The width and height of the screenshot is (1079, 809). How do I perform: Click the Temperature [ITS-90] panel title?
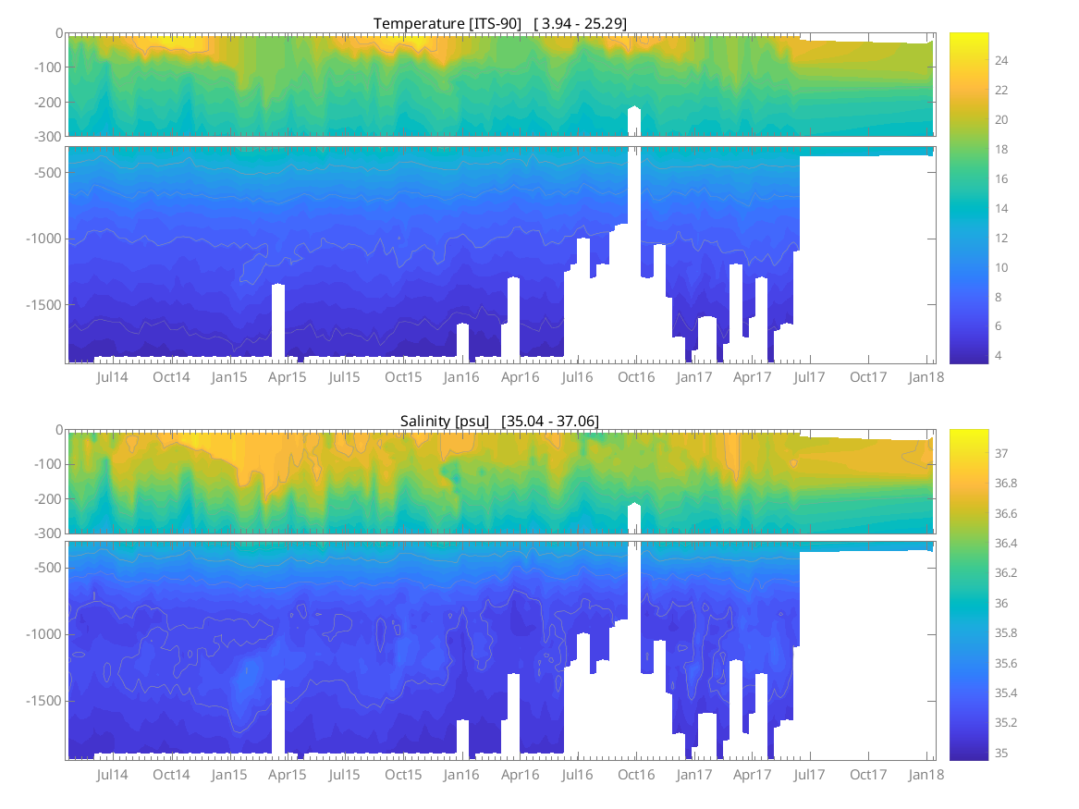500,23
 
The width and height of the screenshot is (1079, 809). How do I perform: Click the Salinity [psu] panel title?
499,421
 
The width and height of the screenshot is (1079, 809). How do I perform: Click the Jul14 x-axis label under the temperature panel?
113,377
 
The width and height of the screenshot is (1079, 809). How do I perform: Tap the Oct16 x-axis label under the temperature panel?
636,377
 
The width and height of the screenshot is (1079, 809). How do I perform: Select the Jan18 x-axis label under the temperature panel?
926,377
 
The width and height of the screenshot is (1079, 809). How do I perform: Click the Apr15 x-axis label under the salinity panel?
287,775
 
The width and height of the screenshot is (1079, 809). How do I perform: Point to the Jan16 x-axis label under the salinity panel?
461,775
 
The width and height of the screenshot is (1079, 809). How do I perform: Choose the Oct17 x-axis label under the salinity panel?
868,775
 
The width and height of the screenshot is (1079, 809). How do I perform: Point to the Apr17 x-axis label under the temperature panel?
753,377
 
